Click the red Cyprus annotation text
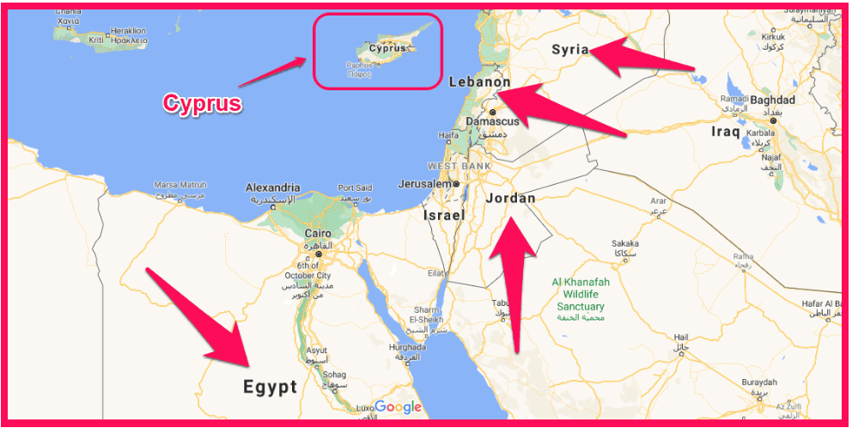[x=203, y=104]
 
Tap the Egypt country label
[x=269, y=387]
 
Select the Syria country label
[x=570, y=49]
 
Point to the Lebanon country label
[x=479, y=83]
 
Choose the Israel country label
[x=444, y=215]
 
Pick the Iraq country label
[x=726, y=131]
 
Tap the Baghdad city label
[x=772, y=101]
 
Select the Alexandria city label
[x=272, y=187]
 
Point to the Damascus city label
[x=492, y=122]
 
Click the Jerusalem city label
[x=424, y=184]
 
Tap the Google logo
[x=398, y=407]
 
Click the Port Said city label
[x=355, y=187]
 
